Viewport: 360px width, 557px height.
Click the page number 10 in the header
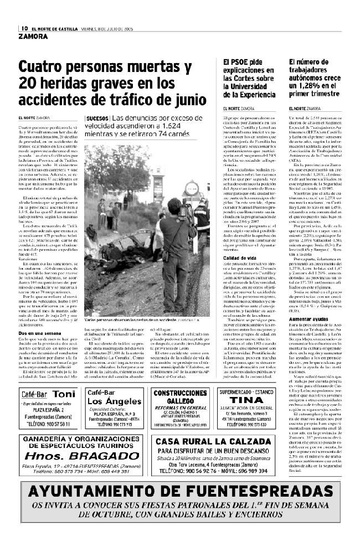[24, 28]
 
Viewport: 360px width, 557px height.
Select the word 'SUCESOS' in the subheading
[97, 119]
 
